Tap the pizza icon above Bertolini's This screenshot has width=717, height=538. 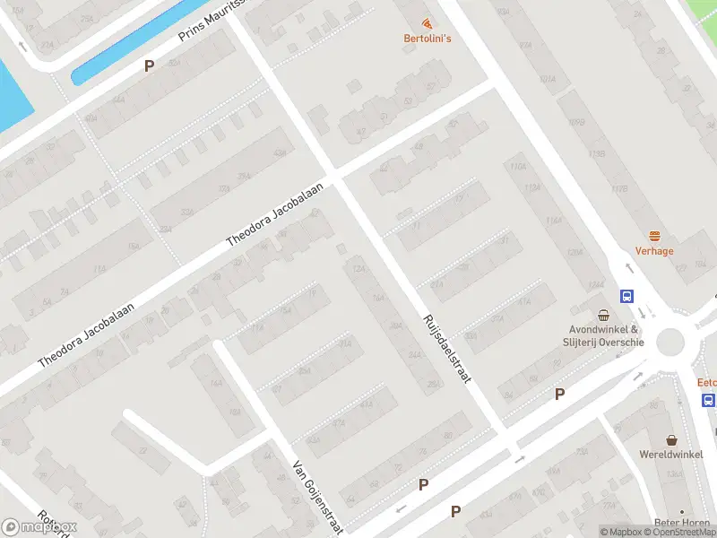pos(427,22)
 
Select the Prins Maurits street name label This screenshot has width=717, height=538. pos(212,21)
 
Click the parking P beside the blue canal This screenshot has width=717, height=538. pos(149,65)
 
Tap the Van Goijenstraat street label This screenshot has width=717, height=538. pos(319,497)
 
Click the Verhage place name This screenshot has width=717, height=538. pos(654,251)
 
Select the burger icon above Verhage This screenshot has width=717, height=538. pos(654,237)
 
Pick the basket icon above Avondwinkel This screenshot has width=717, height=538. pos(605,315)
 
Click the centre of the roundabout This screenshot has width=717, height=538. pos(671,343)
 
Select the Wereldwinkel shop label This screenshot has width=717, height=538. pos(671,456)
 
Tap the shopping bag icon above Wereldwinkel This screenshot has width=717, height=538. pos(671,439)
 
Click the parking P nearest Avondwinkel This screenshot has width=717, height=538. pos(560,394)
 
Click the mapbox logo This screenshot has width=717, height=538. pos(39,527)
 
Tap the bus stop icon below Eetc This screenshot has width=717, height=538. pos(709,400)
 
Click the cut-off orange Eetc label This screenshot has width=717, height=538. pos(707,382)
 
